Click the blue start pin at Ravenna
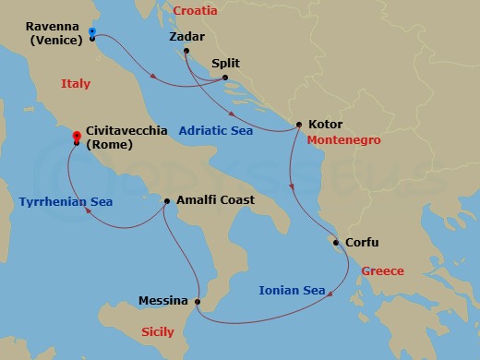click(92, 33)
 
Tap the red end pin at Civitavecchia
click(76, 138)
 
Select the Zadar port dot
click(186, 50)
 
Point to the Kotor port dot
click(298, 125)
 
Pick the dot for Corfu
click(337, 244)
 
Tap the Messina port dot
click(198, 301)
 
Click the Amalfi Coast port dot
click(166, 200)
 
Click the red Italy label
click(76, 83)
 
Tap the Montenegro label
click(345, 141)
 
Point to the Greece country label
click(382, 271)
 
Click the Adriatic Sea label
click(216, 131)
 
